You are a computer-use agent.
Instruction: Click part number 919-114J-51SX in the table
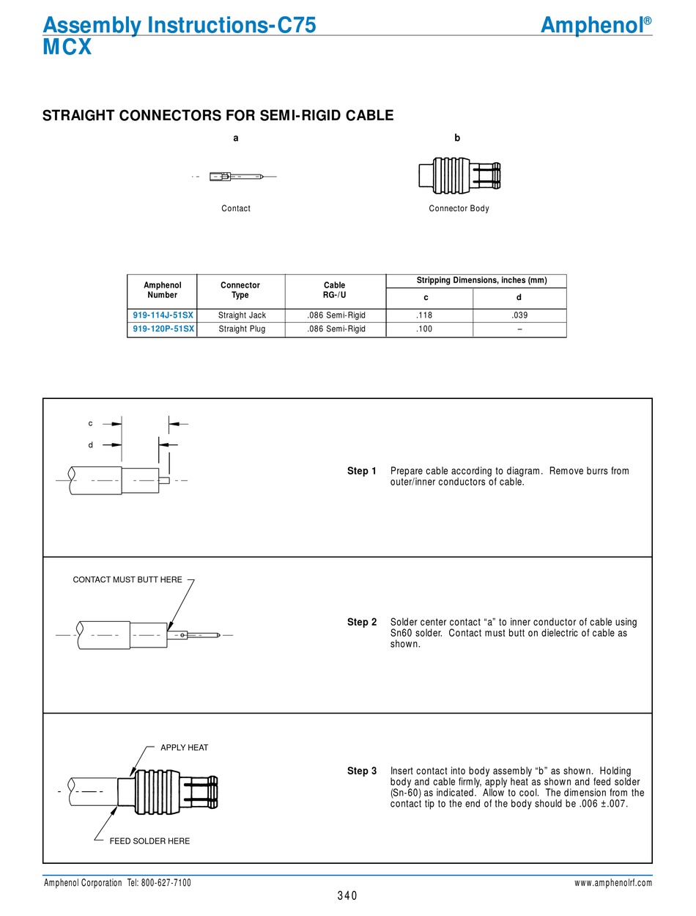(163, 315)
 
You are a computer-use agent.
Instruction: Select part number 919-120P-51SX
(163, 329)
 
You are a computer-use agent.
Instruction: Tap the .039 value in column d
(519, 315)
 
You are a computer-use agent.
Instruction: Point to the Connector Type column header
(240, 290)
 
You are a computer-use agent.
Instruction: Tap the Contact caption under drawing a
(236, 209)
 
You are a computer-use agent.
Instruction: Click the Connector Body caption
(459, 209)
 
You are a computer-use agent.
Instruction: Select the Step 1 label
(362, 471)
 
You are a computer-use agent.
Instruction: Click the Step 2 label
(362, 622)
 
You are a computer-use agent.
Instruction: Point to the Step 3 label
(362, 771)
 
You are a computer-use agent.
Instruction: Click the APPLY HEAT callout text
(185, 747)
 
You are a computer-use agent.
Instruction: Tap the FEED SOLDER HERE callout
(149, 841)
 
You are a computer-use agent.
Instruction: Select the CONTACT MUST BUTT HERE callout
(127, 579)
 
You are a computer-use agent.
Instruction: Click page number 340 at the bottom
(347, 895)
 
